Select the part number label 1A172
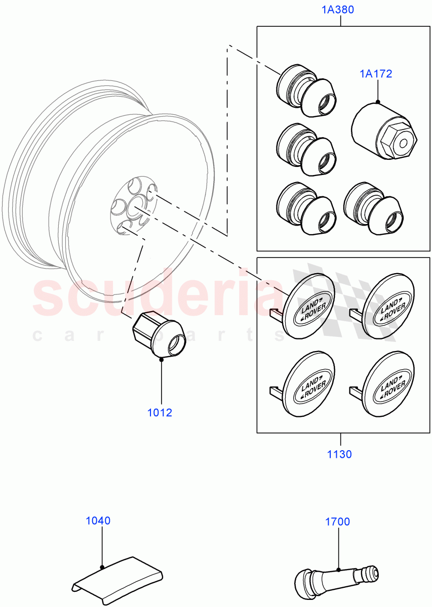pyautogui.click(x=376, y=74)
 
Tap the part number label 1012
pyautogui.click(x=160, y=412)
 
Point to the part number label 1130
pyautogui.click(x=339, y=454)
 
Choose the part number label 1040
pyautogui.click(x=98, y=521)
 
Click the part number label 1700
pyautogui.click(x=337, y=522)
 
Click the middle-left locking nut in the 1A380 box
pyautogui.click(x=305, y=150)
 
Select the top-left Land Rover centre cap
pyautogui.click(x=307, y=306)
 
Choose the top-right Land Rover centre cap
pyautogui.click(x=388, y=306)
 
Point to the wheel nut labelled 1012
pyautogui.click(x=159, y=335)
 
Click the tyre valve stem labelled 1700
pyautogui.click(x=336, y=576)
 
